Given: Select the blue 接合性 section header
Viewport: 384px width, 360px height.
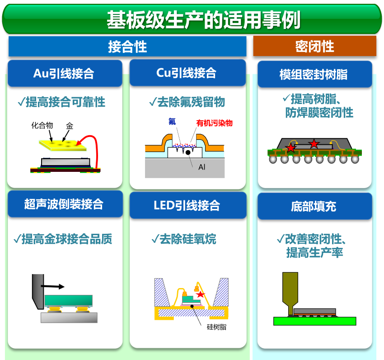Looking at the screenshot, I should point(127,47).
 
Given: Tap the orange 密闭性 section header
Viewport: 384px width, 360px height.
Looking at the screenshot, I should point(314,46).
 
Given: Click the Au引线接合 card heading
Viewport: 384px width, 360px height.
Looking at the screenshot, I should point(64,73).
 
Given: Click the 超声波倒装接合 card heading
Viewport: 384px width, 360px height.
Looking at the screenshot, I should point(64,204).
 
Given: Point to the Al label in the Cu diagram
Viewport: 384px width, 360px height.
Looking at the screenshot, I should point(202,167).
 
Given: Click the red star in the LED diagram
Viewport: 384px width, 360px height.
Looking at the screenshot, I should point(200,294).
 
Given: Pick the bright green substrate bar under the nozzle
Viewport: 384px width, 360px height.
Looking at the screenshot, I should point(314,321).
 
